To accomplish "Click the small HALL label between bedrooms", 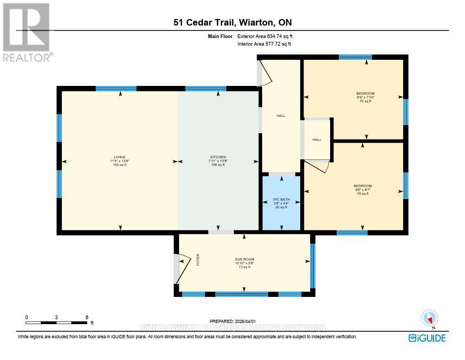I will coord(317,140).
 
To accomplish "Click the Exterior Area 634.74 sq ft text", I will coord(269,36).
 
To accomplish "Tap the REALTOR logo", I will coord(26,32).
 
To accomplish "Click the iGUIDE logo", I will coord(427,338).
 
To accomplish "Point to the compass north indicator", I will coord(430,318).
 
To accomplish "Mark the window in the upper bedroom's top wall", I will coord(356,57).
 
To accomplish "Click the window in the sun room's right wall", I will coord(312,265).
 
